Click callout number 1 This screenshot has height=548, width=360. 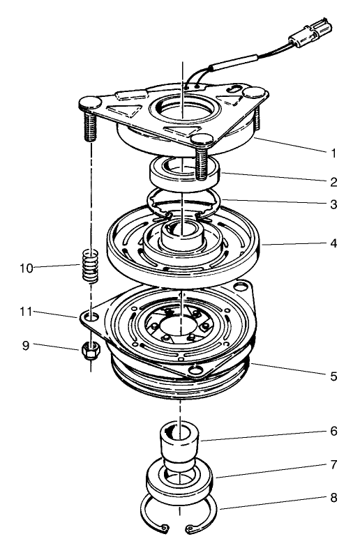coord(333,151)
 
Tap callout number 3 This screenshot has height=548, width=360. coord(333,205)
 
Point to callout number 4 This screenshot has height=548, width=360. coord(333,245)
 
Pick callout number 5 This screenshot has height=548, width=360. coord(333,376)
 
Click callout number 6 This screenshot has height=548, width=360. coord(333,432)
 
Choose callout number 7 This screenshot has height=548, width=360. coord(333,464)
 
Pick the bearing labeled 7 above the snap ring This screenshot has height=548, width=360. coord(180,482)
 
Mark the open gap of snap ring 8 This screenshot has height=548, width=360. coord(177,533)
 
